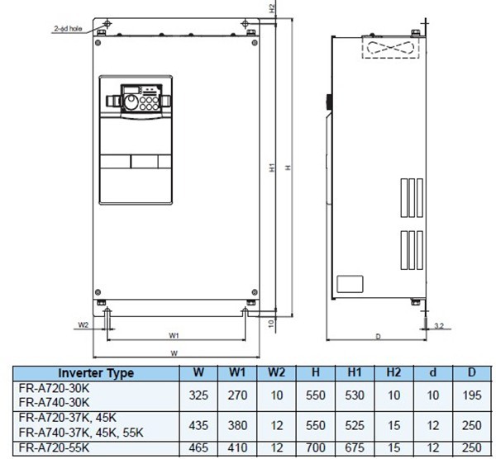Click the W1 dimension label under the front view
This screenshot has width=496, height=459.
click(174, 335)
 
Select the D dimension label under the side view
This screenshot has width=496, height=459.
click(377, 336)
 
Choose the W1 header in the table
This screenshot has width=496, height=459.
click(237, 373)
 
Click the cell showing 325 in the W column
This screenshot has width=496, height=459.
click(199, 395)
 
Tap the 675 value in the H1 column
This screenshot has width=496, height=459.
click(353, 447)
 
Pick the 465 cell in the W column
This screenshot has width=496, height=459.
click(199, 447)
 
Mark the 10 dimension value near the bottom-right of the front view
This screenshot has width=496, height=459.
click(271, 323)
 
